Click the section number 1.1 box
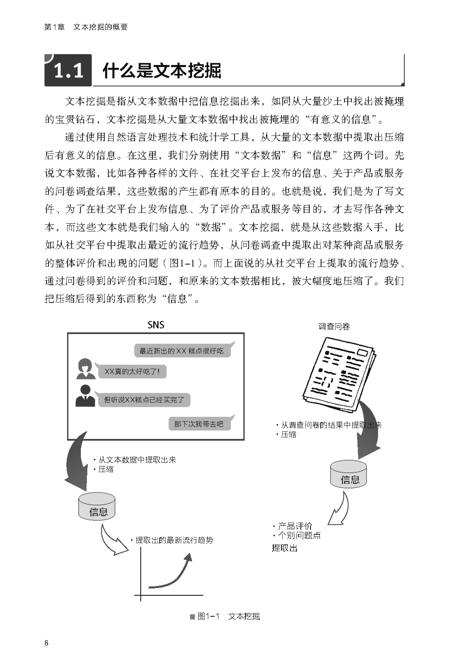[68, 70]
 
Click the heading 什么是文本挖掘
[162, 71]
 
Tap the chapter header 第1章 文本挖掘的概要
[86, 27]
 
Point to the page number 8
[46, 643]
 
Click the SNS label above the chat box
[155, 325]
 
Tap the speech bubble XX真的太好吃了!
[132, 371]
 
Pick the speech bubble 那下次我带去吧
[199, 424]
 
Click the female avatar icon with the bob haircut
[86, 369]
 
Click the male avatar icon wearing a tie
[85, 396]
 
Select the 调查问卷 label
[334, 326]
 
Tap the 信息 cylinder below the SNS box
[97, 507]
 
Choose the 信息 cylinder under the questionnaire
[349, 474]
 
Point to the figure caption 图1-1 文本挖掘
[225, 616]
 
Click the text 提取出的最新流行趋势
[174, 540]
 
